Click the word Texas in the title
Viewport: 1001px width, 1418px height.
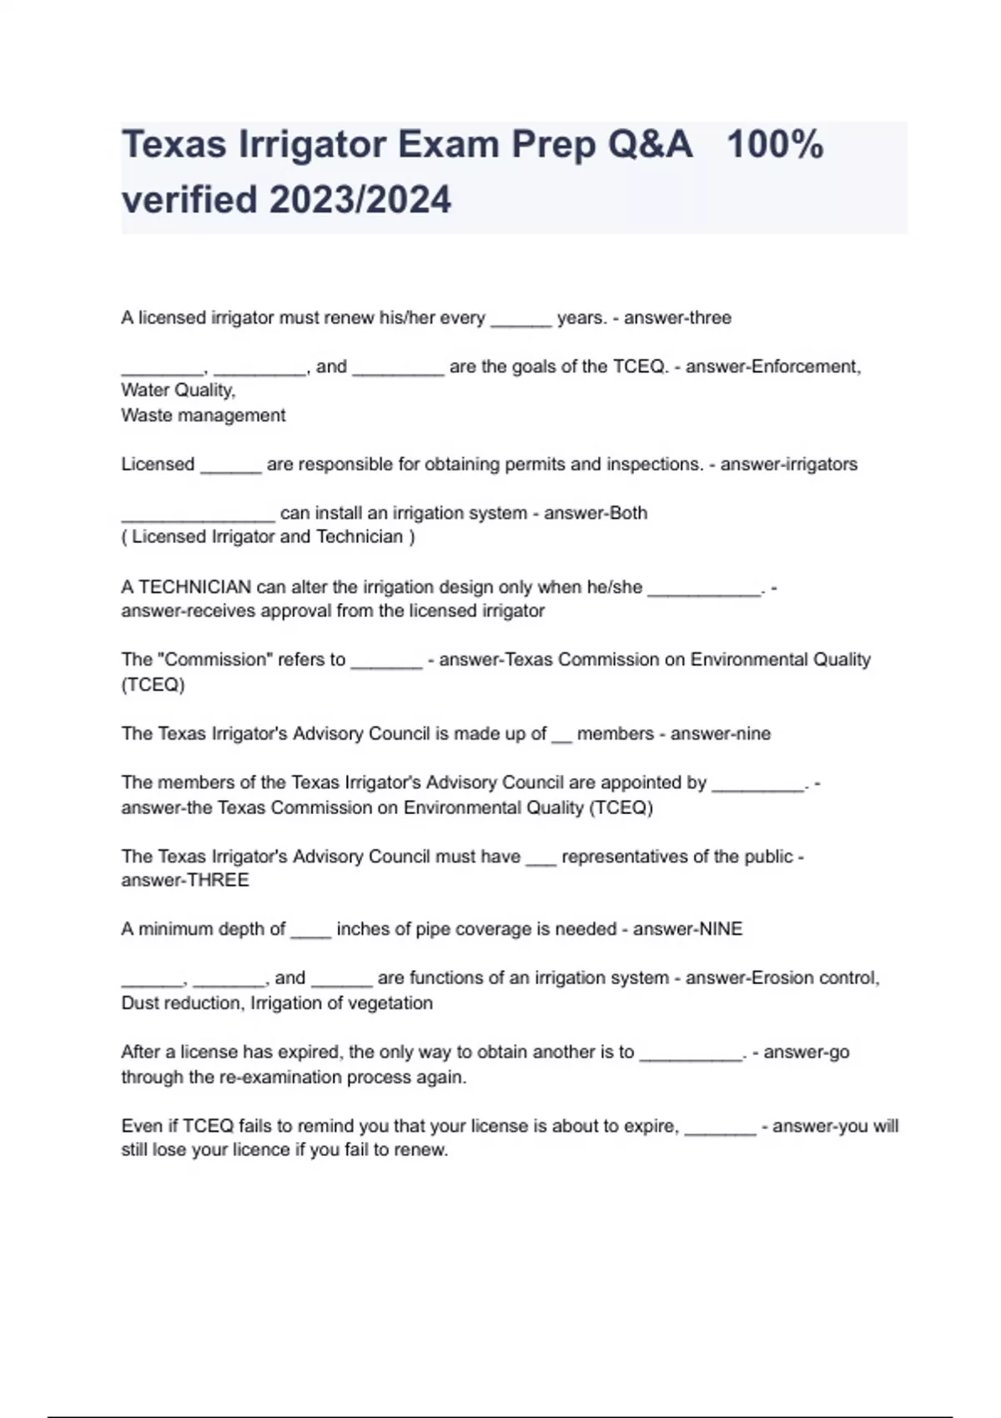tap(174, 145)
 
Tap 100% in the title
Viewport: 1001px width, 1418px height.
tap(775, 145)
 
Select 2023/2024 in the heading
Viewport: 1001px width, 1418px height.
tap(360, 200)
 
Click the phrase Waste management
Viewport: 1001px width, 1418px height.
tap(203, 415)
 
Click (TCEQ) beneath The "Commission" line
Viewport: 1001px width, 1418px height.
tap(153, 685)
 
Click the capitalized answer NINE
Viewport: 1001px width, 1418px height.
tap(720, 929)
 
